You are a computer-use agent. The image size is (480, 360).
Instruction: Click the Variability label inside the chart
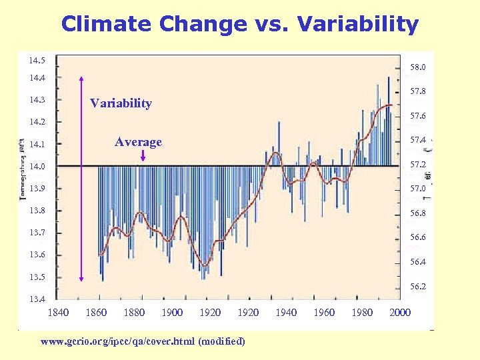(x=121, y=103)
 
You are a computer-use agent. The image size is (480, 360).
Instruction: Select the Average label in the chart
(x=138, y=142)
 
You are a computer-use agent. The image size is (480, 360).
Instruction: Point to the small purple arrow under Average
(x=143, y=155)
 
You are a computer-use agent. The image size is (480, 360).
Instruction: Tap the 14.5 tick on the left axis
(x=37, y=61)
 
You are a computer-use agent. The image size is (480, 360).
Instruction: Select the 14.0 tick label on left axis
(x=37, y=166)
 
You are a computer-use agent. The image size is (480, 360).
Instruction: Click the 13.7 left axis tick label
(x=37, y=233)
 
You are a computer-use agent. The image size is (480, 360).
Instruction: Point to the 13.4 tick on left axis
(x=37, y=299)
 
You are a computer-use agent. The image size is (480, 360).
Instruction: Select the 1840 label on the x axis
(x=59, y=313)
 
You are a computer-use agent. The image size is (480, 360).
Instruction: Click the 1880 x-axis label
(x=134, y=313)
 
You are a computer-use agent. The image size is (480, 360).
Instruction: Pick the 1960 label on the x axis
(x=324, y=313)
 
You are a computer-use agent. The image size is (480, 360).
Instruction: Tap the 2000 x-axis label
(x=400, y=313)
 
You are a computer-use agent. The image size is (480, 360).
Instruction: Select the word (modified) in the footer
(x=221, y=341)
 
